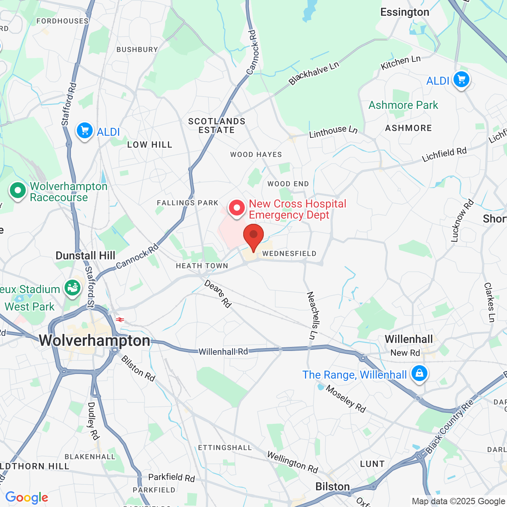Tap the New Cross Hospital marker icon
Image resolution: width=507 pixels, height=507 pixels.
coord(237,208)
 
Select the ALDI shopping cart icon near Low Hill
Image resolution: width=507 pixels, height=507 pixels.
coord(85,130)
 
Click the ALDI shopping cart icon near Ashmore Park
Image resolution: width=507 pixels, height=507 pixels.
coord(461,79)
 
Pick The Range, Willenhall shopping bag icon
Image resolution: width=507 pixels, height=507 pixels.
coord(419,373)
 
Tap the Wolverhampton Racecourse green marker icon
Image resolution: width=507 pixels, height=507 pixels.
coord(17,191)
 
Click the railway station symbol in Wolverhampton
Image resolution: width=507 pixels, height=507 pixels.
coord(120,320)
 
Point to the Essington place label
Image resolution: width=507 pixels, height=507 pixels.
coord(404,12)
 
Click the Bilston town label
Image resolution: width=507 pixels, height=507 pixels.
coord(332,486)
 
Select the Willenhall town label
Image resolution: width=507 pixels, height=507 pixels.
coord(409,339)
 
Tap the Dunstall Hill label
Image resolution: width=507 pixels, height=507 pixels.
coord(85,255)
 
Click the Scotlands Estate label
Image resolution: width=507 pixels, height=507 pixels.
coord(217,126)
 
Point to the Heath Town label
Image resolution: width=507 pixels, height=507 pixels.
coord(202,266)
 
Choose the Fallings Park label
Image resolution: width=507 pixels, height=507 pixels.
coord(187,203)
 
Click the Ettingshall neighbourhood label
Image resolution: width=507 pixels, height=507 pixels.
coord(225,448)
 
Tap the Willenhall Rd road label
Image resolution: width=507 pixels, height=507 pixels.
coord(223,351)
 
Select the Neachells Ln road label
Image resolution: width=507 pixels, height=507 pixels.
coord(313,316)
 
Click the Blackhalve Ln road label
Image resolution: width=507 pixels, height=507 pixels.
coord(314,73)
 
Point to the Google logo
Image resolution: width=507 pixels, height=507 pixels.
coord(27,497)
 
